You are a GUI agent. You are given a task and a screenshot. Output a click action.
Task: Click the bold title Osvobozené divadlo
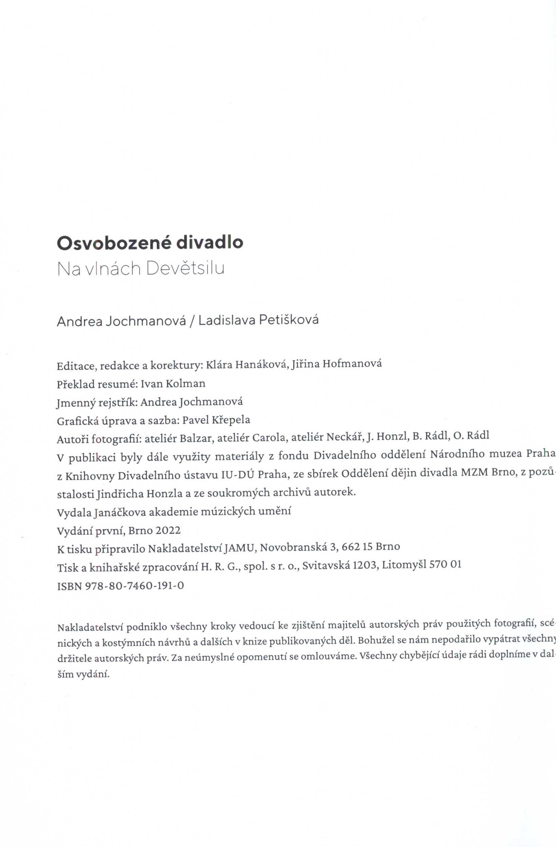(150, 243)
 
